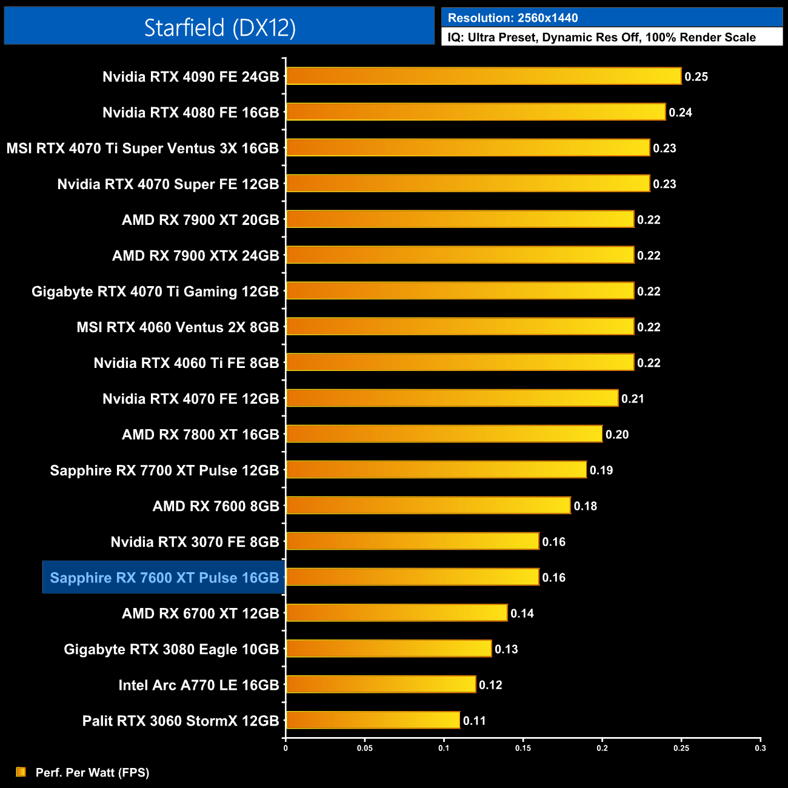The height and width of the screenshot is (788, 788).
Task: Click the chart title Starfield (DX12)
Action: pos(219,28)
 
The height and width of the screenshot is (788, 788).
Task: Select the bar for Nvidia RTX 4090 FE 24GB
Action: pos(484,76)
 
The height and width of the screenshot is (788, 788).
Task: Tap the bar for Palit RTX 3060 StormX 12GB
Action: pos(373,720)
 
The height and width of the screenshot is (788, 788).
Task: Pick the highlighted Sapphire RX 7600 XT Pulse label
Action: pos(164,578)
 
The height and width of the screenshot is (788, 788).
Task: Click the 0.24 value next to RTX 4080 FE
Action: pos(680,113)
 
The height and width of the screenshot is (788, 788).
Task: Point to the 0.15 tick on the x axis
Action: pos(523,748)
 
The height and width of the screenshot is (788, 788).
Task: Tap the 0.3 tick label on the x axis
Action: pos(760,748)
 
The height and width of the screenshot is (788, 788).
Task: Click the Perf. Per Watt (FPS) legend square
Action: pos(21,772)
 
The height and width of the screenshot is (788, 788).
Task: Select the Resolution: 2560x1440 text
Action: pos(513,18)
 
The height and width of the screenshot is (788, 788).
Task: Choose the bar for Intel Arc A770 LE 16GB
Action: pos(381,684)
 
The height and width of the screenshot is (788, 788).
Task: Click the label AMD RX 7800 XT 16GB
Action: pos(201,435)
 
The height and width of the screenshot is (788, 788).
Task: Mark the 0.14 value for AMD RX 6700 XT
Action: pos(522,613)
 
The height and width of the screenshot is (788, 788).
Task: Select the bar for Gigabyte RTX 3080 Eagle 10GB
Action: pos(389,649)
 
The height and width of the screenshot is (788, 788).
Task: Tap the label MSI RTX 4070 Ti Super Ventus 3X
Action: pos(142,149)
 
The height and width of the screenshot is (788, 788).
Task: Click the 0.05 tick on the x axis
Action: pos(365,748)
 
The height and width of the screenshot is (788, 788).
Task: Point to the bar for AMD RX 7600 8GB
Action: pos(428,506)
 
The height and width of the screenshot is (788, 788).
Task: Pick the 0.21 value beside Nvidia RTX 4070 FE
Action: pos(632,399)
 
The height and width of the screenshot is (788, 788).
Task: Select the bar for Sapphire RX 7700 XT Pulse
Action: pos(436,470)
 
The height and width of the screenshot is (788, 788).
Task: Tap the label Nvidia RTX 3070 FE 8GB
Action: pos(195,542)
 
